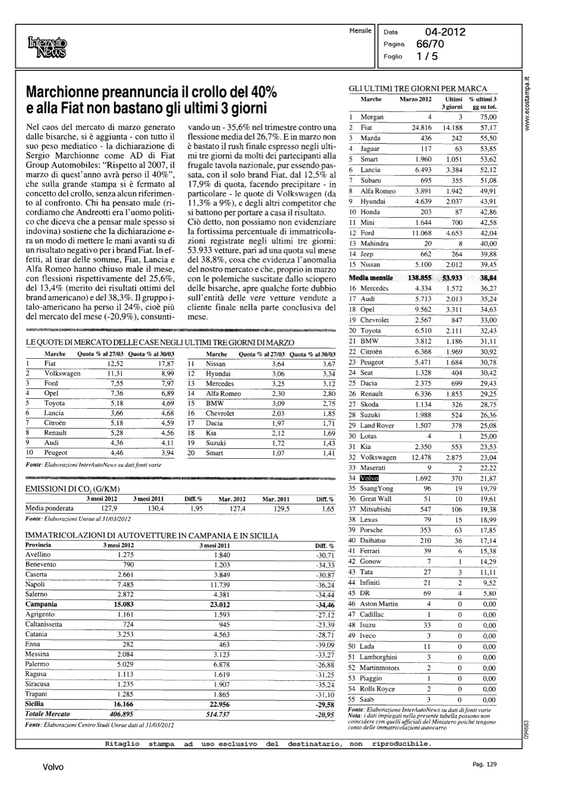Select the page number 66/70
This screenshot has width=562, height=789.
[x=430, y=44]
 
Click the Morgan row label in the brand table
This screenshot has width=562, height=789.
[x=372, y=117]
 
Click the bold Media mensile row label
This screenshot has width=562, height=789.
[x=371, y=277]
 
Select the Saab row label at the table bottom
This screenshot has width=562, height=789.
[x=366, y=700]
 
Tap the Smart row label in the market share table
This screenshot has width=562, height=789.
[x=214, y=453]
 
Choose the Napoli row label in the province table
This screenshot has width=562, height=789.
[x=35, y=584]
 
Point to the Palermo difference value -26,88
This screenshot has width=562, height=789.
[x=324, y=664]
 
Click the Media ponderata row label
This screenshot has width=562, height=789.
[x=49, y=509]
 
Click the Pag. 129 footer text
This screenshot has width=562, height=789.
[x=483, y=764]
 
